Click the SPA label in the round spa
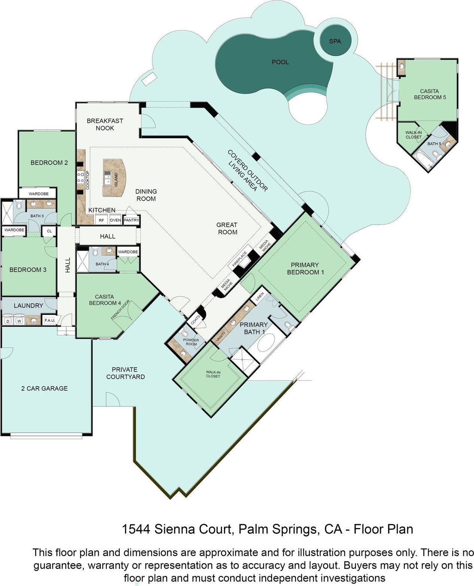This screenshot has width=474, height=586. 335,41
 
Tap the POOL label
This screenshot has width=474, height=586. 280,62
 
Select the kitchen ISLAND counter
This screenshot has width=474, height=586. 114,177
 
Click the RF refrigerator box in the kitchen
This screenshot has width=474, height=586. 101,220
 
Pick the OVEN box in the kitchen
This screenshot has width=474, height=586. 115,220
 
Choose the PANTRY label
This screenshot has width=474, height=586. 132,220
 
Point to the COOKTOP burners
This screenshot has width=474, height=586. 81,177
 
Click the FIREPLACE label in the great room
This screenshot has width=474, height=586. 239,259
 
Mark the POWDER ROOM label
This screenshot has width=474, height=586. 191,342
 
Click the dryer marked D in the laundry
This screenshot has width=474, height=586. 8,321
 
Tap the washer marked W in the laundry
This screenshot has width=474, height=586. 19,321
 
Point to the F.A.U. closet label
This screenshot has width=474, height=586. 49,320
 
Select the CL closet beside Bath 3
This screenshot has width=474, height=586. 49,231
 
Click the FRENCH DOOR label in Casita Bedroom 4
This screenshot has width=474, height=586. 120,309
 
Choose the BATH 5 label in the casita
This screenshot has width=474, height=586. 434,143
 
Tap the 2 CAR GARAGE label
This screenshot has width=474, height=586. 44,388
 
